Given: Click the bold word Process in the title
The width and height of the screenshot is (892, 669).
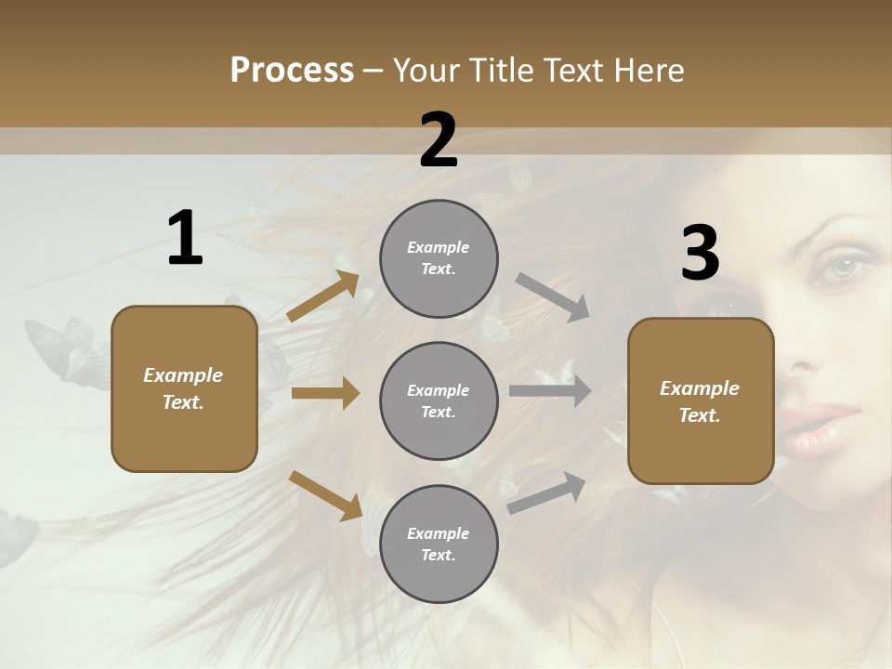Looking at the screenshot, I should [x=292, y=71].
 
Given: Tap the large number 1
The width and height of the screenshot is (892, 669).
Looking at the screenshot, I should [x=185, y=239].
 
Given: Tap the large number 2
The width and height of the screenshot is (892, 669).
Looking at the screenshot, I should [x=439, y=141].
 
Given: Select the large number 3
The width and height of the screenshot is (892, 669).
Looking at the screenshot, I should [x=700, y=254].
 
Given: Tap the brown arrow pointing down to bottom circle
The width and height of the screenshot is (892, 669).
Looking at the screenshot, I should [x=325, y=494].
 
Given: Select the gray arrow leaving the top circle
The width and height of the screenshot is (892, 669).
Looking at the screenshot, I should [x=553, y=297].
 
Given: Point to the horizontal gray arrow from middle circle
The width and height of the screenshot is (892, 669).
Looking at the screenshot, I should [x=549, y=391].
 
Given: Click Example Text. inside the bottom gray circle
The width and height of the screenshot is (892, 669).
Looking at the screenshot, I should [x=439, y=544].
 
